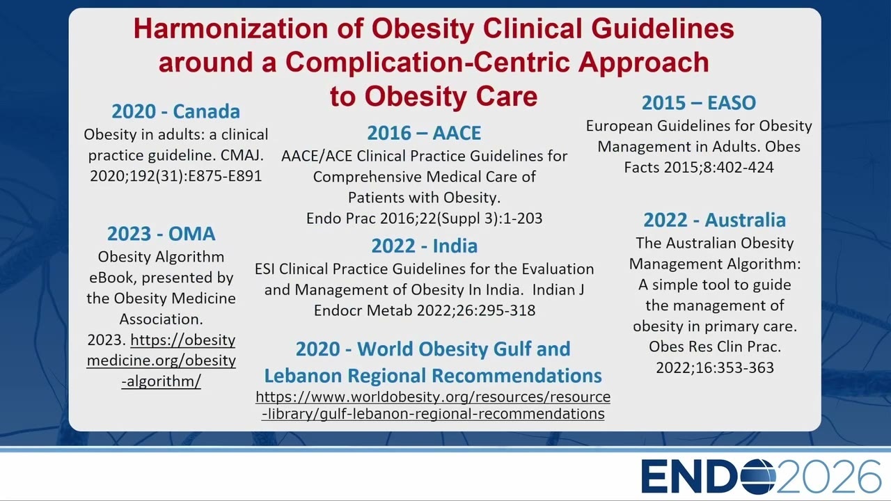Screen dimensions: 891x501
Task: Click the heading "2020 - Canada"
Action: coord(176,111)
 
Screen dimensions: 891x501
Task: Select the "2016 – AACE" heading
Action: coord(424,133)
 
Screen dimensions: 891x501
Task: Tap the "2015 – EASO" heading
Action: coord(699,102)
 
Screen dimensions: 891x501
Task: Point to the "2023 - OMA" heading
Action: coord(161,234)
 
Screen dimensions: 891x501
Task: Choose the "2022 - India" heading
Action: coord(425,246)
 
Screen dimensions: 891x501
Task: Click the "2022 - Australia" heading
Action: coord(715,220)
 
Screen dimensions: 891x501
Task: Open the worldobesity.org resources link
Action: coord(433,405)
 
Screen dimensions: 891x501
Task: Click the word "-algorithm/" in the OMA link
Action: coord(161,381)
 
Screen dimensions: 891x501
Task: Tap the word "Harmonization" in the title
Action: coord(230,29)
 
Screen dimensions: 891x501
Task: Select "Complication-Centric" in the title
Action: coord(427,63)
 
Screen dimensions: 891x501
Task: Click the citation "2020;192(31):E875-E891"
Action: coord(176,176)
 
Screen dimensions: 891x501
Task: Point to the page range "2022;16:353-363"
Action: coord(715,368)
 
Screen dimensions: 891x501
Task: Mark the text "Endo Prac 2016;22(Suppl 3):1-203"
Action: coord(425,218)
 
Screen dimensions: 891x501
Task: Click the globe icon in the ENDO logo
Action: coord(758,476)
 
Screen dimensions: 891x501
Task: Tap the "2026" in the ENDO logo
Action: coord(828,477)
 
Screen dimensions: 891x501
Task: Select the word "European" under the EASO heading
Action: coord(620,126)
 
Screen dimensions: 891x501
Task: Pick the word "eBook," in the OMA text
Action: coord(113,278)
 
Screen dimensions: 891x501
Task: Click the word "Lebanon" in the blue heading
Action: coord(303,376)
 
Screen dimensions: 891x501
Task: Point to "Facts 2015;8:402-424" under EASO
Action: coord(699,168)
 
